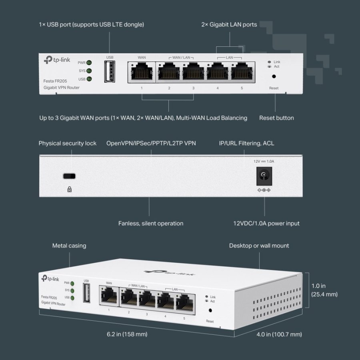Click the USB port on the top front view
coord(110,72)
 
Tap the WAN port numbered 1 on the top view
coord(142,72)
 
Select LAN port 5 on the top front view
coord(242,72)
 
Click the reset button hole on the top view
coord(274,76)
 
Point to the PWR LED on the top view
coord(89,63)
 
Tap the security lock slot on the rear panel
coord(70,176)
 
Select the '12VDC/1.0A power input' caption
coord(266,224)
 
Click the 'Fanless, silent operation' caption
coord(151,224)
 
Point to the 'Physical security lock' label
coord(67,143)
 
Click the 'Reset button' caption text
coord(276,118)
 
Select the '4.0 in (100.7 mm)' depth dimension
coord(279,334)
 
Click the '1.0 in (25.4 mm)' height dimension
coord(324,290)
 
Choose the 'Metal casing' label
coord(69,246)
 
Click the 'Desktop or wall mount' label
coord(259,246)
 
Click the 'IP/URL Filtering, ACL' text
coord(246,143)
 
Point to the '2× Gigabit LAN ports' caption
coord(229,24)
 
